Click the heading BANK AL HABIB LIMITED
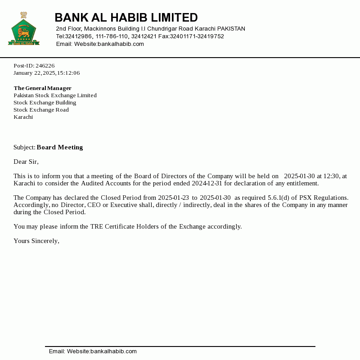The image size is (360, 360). tap(126, 18)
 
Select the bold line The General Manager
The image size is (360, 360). tap(42, 88)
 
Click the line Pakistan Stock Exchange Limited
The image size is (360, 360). tap(55, 95)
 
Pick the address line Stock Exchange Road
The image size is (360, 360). tap(41, 110)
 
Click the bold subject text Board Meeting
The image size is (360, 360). tap(60, 147)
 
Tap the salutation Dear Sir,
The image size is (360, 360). tap(26, 162)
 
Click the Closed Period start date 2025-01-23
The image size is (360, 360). tap(173, 198)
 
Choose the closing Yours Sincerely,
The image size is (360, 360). tap(36, 241)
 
